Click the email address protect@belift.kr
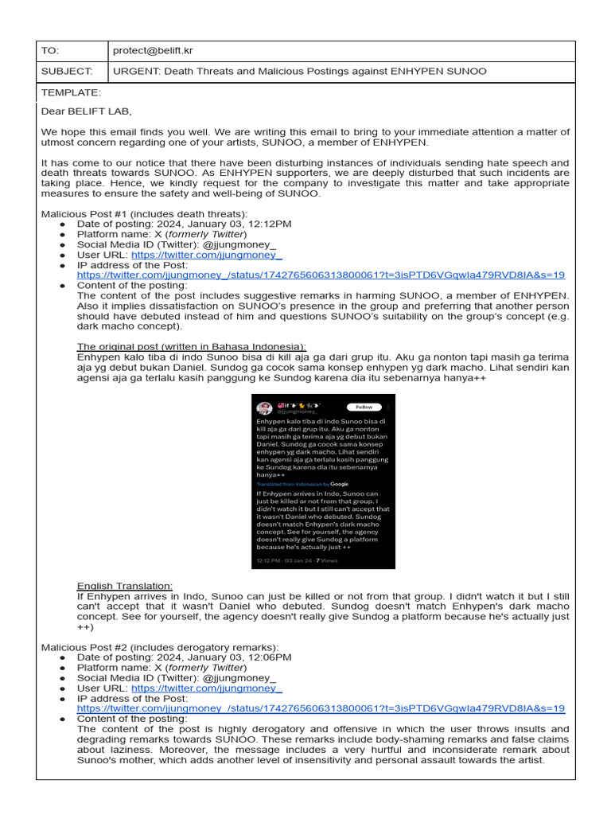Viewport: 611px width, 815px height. tap(153, 51)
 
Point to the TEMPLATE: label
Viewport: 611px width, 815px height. tap(71, 92)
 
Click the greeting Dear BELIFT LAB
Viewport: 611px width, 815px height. tap(87, 111)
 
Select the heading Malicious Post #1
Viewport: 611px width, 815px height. tap(144, 213)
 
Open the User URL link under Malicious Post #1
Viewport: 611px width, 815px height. tap(207, 255)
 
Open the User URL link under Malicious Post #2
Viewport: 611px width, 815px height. tap(207, 688)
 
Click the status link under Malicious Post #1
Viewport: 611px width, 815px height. tap(321, 275)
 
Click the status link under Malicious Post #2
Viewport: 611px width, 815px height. tap(321, 708)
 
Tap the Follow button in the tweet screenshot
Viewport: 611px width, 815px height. tap(364, 407)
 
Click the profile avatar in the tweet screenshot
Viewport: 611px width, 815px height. tap(262, 407)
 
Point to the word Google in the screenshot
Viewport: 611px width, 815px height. tap(340, 484)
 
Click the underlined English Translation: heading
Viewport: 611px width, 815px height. tap(124, 586)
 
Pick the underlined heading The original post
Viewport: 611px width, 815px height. tap(191, 347)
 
